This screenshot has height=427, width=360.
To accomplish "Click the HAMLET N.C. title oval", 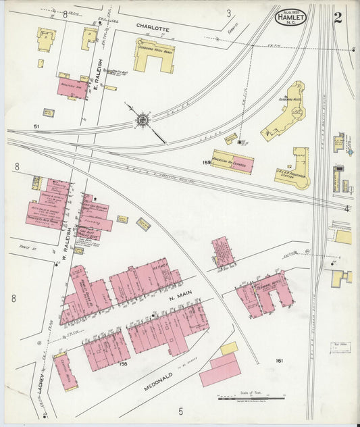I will click(290, 18).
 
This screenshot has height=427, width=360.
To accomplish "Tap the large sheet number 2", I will click(337, 17).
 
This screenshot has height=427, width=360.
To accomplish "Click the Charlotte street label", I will click(152, 28).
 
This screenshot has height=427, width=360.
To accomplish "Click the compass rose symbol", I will click(143, 121).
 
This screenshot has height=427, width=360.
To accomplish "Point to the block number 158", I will click(123, 364).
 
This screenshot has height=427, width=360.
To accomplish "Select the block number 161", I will click(280, 361).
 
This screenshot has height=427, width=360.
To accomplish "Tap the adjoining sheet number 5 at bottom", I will click(180, 411).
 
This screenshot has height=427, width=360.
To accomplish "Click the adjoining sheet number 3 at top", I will click(229, 13).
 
